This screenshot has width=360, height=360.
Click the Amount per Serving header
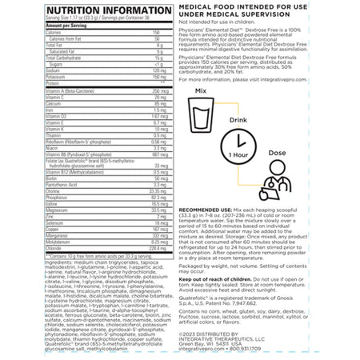(x=40, y=25)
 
